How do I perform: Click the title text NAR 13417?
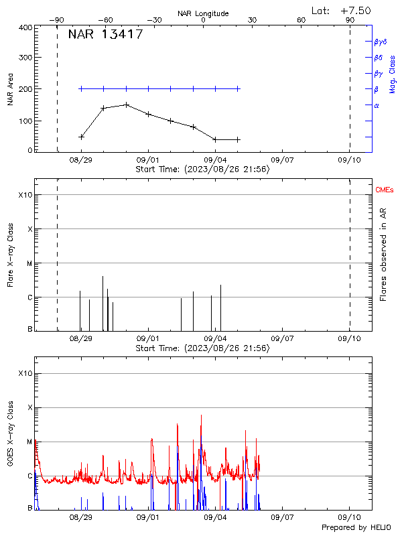click(x=105, y=35)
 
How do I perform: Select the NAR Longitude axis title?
click(x=203, y=13)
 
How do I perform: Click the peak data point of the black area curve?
click(x=126, y=105)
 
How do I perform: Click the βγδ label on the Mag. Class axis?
click(x=380, y=42)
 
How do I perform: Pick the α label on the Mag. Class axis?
click(x=377, y=105)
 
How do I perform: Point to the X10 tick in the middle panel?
click(x=25, y=195)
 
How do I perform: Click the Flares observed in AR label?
click(x=383, y=255)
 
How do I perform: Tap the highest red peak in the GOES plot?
click(x=201, y=415)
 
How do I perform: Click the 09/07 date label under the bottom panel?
click(x=282, y=518)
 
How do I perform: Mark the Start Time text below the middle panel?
click(x=202, y=348)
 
